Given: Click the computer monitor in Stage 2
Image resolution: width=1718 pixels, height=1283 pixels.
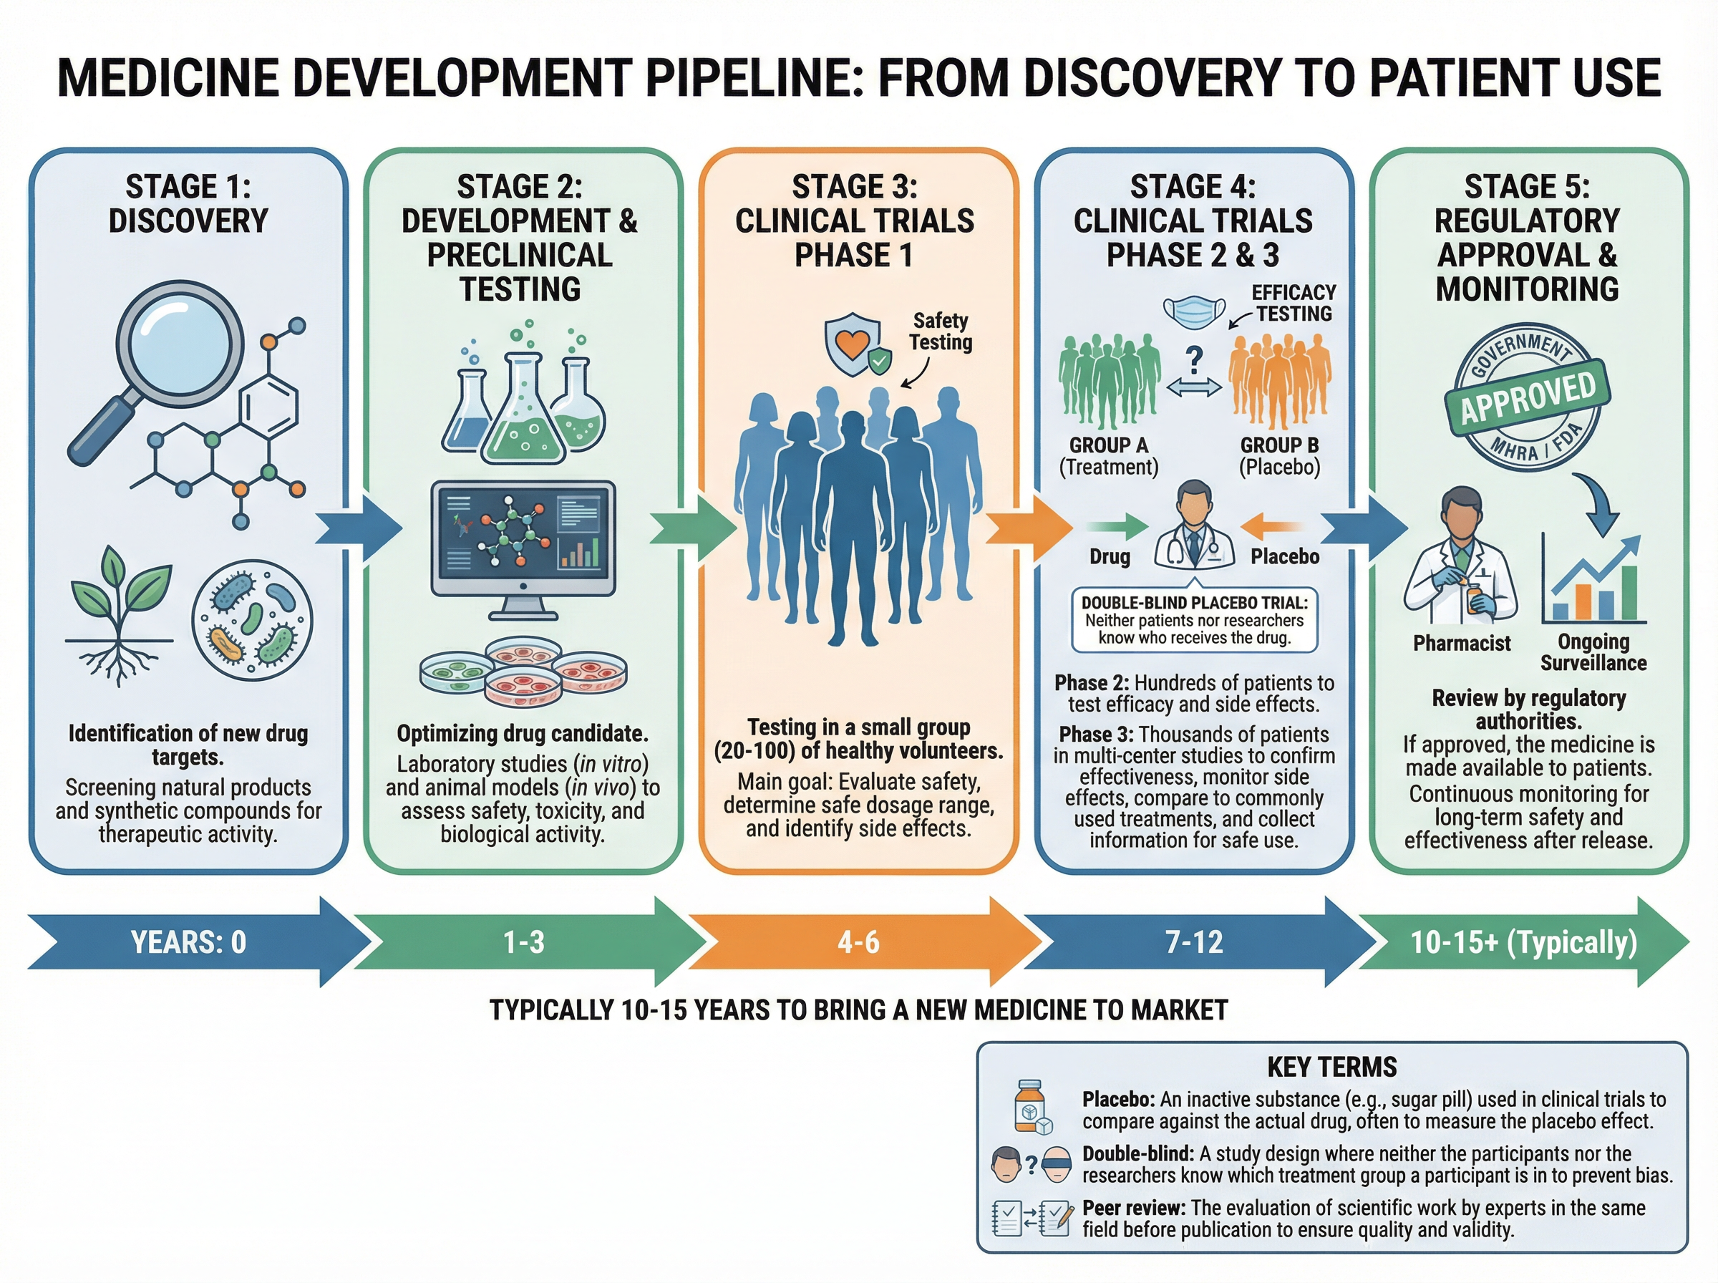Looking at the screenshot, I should [523, 548].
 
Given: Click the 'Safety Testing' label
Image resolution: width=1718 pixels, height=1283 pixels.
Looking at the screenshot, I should [940, 331].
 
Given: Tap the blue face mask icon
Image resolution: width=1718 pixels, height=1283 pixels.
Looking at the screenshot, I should [1194, 311].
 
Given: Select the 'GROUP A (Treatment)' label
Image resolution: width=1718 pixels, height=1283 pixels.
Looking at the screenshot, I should [1109, 456].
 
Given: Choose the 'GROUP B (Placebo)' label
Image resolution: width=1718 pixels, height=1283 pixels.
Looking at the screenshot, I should [1278, 456].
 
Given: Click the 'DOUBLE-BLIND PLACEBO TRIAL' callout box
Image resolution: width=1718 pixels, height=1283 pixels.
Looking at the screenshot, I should [1194, 621].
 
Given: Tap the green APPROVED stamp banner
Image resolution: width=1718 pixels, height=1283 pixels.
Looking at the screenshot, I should [1527, 398].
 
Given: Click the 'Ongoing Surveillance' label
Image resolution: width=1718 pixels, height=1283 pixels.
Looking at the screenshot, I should [1593, 652].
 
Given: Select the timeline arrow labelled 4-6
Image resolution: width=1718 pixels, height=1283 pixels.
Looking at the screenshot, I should [858, 942].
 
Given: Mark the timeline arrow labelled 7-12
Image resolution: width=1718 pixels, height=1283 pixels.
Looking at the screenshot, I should [1194, 942].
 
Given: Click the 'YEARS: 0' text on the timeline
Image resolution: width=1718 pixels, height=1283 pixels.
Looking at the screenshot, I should [189, 942].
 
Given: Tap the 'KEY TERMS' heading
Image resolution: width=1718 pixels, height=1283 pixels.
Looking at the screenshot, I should [1331, 1067].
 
